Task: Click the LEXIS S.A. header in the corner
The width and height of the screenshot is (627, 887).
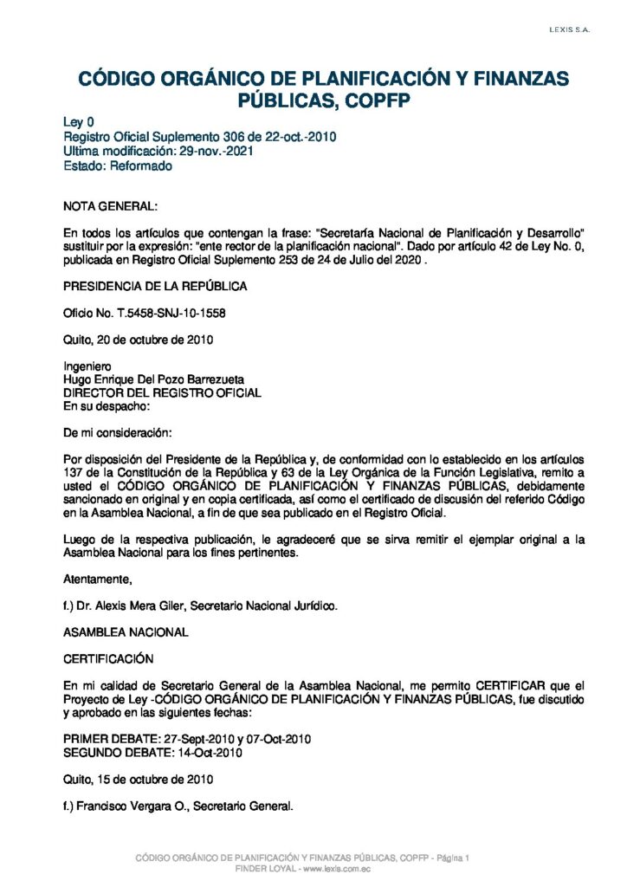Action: [569, 30]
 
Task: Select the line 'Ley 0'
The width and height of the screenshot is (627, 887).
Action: [79, 123]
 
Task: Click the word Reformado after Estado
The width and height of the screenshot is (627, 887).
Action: [141, 166]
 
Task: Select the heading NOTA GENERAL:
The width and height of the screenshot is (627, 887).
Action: [111, 208]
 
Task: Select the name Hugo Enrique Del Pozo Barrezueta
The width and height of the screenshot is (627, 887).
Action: [154, 379]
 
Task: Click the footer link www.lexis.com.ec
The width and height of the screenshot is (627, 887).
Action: [336, 869]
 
